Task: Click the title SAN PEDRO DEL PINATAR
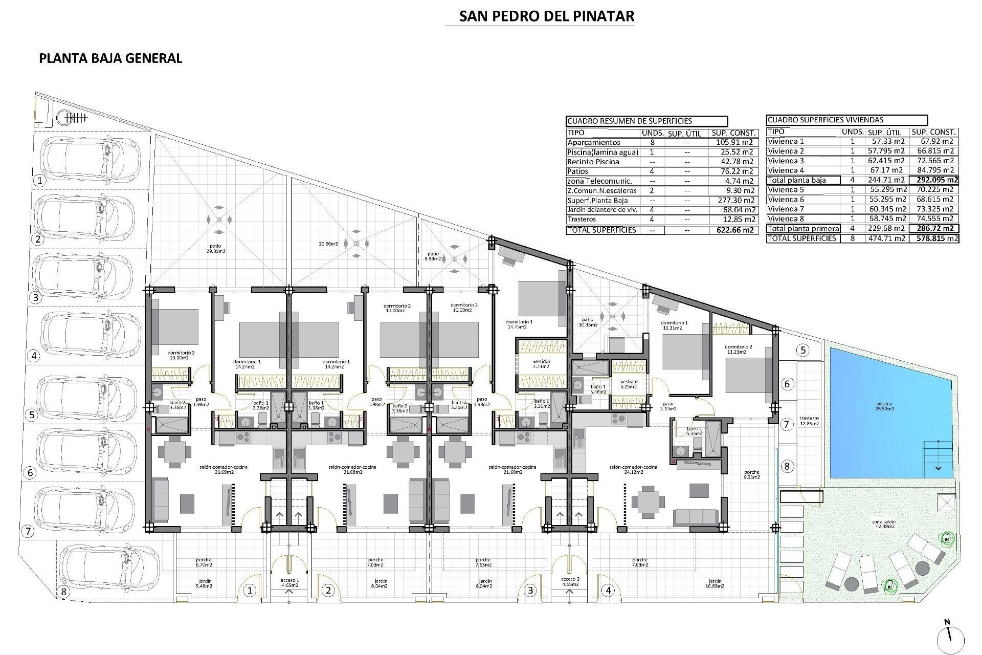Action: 546,16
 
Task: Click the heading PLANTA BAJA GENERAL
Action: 110,58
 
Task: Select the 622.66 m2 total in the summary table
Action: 733,230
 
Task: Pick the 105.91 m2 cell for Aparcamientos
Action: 733,143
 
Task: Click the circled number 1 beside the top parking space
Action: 39,180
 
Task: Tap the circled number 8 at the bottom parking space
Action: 63,592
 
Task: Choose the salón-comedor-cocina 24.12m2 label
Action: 633,470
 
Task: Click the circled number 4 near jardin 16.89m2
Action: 608,591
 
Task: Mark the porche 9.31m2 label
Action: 752,474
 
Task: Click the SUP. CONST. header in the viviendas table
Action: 933,132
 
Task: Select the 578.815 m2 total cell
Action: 933,238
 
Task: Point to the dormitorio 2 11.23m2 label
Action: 739,350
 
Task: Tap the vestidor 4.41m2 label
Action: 541,364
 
